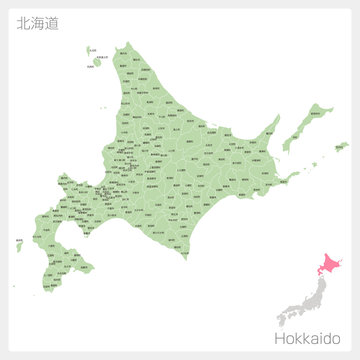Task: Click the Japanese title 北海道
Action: (37, 23)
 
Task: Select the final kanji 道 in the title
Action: (51, 23)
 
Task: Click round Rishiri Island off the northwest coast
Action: (97, 62)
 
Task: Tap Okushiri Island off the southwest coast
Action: (20, 243)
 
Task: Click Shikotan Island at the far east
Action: (341, 147)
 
